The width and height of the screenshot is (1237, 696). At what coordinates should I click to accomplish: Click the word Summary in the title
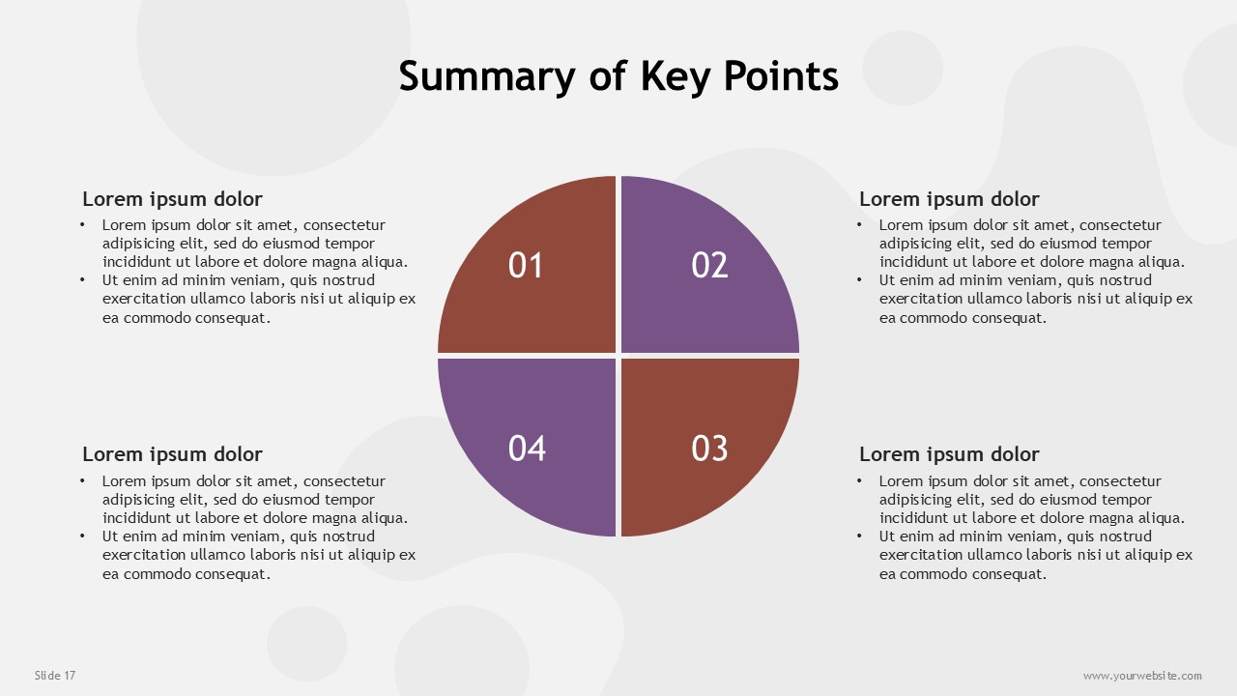[x=487, y=76]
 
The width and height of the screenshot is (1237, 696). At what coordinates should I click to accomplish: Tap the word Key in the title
[x=676, y=76]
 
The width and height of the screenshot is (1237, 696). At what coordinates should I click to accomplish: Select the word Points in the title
[x=781, y=75]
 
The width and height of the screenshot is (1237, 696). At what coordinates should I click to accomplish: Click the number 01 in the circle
[x=525, y=265]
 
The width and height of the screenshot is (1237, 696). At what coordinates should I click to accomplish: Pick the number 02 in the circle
[x=709, y=265]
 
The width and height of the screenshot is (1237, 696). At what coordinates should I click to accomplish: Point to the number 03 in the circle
[x=709, y=448]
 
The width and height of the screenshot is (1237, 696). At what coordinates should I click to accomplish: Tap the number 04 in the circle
[x=527, y=448]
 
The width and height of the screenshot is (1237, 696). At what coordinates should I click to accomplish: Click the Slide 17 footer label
[x=55, y=675]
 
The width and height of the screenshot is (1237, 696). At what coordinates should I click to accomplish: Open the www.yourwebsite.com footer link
[x=1142, y=676]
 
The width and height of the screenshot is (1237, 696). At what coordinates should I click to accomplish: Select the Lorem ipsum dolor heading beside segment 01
[x=172, y=199]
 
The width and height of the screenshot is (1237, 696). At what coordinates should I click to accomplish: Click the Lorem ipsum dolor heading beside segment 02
[x=949, y=199]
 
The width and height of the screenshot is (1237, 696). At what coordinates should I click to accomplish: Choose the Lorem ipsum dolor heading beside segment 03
[x=949, y=454]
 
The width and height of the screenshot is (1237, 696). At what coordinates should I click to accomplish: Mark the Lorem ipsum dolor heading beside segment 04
[x=172, y=454]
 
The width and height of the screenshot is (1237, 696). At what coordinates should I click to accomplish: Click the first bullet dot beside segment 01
[x=82, y=225]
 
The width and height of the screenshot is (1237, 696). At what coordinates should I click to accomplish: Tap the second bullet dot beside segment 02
[x=859, y=280]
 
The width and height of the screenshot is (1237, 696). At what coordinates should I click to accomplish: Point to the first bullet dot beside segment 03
[x=859, y=481]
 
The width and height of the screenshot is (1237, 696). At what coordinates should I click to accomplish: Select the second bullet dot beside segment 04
[x=82, y=536]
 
